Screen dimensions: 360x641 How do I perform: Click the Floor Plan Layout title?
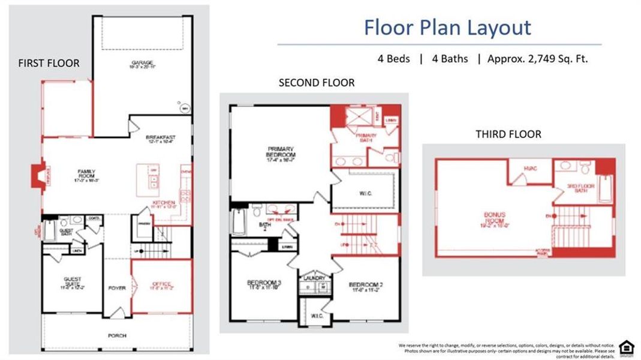[447, 28]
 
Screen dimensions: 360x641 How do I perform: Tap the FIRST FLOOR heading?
[49, 63]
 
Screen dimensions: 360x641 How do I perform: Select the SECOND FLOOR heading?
[316, 83]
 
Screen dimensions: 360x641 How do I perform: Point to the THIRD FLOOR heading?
[508, 134]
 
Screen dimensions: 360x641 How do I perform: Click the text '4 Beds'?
[393, 59]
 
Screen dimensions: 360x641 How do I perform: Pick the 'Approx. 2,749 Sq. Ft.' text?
[537, 59]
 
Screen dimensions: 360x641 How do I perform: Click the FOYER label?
[117, 288]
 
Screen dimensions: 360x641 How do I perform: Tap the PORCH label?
[117, 335]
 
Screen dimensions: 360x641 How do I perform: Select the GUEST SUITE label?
[73, 282]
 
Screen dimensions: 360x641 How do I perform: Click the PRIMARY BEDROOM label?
[281, 152]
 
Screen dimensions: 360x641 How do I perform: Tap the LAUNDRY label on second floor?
[314, 278]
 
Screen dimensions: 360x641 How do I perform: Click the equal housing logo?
[625, 347]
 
